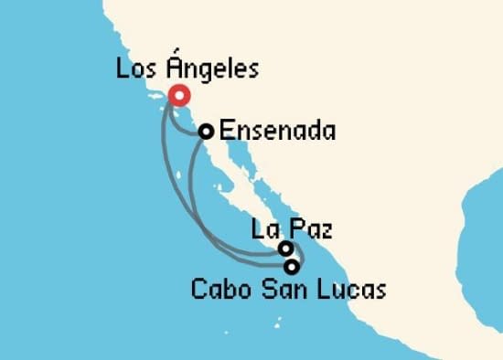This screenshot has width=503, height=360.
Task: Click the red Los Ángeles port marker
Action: pyautogui.click(x=177, y=94)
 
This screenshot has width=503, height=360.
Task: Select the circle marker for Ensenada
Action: pyautogui.click(x=207, y=132)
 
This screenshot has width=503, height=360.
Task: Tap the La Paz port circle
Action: pyautogui.click(x=286, y=248)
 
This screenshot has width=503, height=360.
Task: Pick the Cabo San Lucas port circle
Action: pyautogui.click(x=292, y=267)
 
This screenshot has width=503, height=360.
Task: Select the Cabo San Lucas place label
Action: pyautogui.click(x=289, y=291)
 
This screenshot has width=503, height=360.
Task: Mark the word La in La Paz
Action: pyautogui.click(x=262, y=228)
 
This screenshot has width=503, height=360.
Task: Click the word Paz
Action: pyautogui.click(x=309, y=228)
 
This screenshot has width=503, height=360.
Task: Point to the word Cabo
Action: pyautogui.click(x=218, y=291)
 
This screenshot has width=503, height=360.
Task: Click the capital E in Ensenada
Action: pyautogui.click(x=229, y=132)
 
